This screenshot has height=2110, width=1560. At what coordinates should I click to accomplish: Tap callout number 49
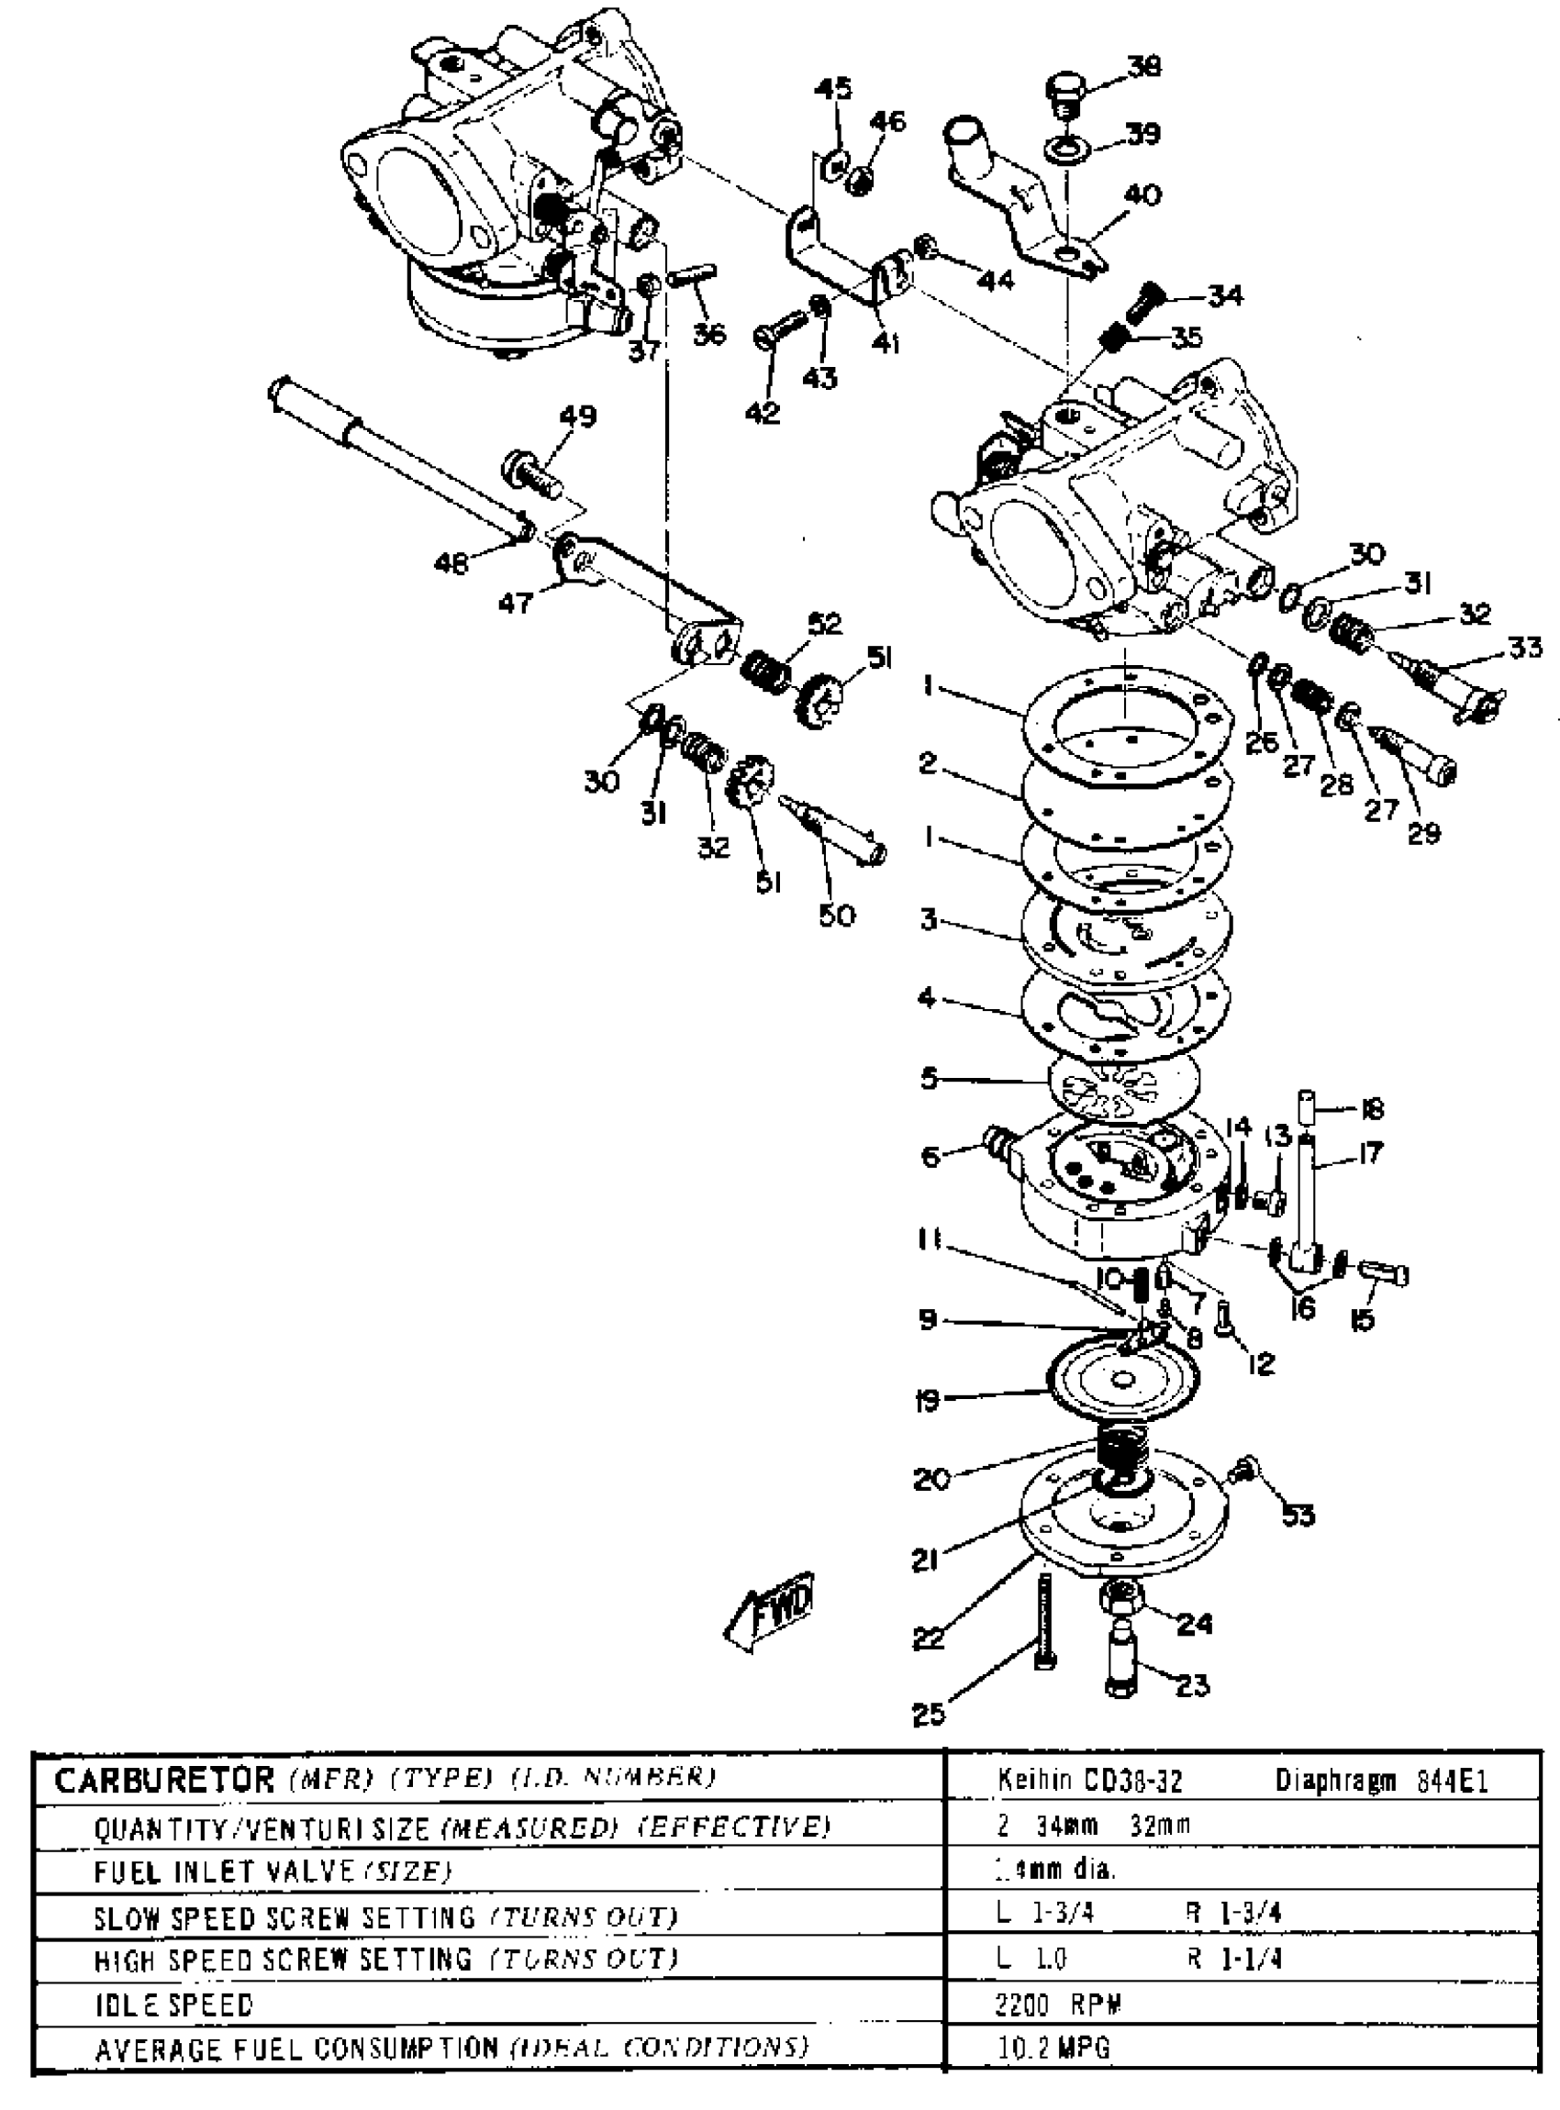click(x=578, y=416)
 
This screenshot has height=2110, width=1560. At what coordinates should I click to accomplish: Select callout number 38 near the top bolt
click(x=1143, y=67)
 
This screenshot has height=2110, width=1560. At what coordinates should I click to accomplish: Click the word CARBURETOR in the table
click(x=162, y=1781)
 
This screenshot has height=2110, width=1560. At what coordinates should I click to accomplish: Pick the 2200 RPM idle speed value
click(x=1058, y=2004)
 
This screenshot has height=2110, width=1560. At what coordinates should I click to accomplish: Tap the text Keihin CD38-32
click(x=1089, y=1782)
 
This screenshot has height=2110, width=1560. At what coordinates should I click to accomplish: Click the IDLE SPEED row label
click(x=173, y=2005)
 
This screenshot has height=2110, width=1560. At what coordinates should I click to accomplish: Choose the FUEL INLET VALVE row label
click(x=224, y=1872)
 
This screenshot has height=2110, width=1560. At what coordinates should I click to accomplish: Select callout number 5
click(x=930, y=1078)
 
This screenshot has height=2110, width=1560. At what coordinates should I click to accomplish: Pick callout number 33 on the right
click(x=1524, y=648)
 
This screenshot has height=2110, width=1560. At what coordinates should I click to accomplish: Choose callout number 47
click(x=516, y=602)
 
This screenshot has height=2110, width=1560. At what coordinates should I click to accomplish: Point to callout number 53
click(x=1298, y=1516)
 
